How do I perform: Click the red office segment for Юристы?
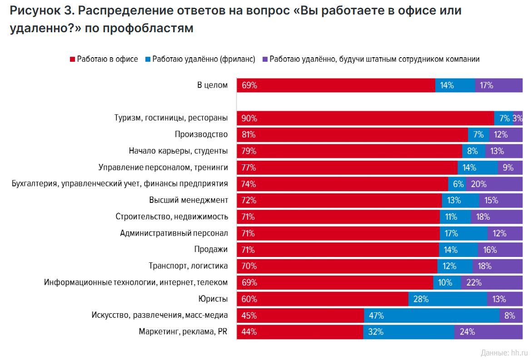point(323,299)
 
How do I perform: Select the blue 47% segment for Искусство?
point(432,316)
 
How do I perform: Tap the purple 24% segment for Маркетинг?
point(488,332)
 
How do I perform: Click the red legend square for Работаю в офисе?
point(72,59)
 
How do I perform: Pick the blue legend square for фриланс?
point(148,59)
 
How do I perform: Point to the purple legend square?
point(264,59)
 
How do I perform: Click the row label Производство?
point(201,134)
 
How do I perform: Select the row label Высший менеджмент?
point(189,200)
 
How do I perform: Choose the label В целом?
point(212,84)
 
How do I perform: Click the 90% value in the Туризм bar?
point(249,118)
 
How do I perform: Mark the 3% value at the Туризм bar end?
point(517,118)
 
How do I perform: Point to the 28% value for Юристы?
point(421,299)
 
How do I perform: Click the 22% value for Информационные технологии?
point(474,282)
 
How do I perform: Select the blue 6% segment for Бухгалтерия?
point(459,184)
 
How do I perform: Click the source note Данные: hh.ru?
point(504,352)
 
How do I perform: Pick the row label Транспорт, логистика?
point(188,266)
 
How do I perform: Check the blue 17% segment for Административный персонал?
point(463,233)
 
